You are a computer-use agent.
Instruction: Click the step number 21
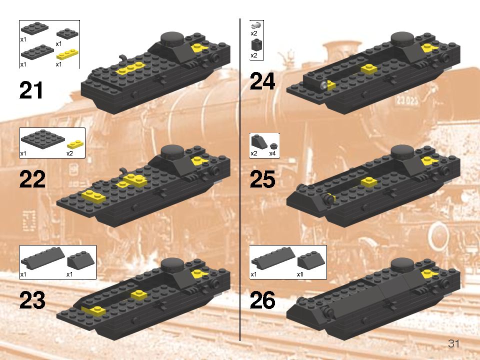[x=31, y=91]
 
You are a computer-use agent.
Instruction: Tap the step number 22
[x=32, y=180]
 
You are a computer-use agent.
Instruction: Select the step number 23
[x=32, y=301]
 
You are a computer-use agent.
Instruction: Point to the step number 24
[x=262, y=81]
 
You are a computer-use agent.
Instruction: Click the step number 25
[x=262, y=180]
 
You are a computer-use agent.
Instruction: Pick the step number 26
[x=262, y=301]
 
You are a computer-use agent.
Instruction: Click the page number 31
[x=453, y=343]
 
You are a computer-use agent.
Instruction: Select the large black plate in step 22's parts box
[x=43, y=138]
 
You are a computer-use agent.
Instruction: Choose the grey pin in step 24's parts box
[x=256, y=25]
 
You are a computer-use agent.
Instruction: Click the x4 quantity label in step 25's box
[x=272, y=153]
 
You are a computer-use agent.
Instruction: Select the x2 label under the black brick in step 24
[x=254, y=55]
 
